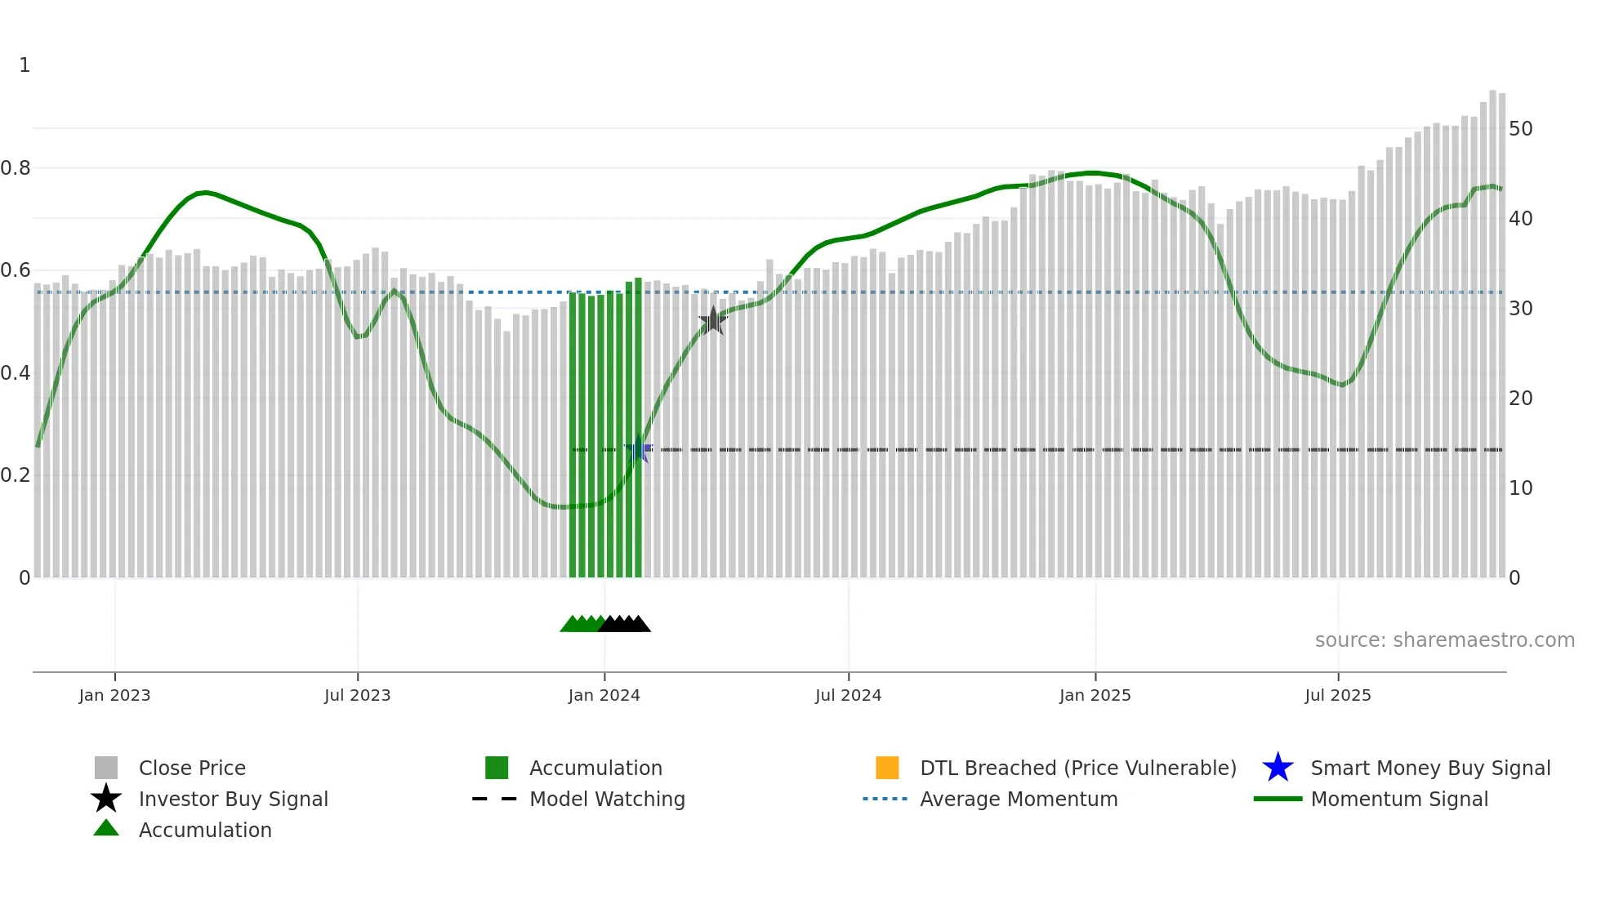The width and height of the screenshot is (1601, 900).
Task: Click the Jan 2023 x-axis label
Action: [114, 695]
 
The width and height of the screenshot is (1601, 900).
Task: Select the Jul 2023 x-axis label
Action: [357, 695]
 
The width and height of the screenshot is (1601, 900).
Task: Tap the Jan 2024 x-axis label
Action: [604, 695]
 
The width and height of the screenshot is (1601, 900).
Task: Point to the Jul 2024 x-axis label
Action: [848, 695]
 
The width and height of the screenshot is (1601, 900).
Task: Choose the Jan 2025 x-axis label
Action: [1095, 695]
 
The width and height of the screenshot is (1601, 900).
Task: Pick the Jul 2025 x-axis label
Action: [1337, 695]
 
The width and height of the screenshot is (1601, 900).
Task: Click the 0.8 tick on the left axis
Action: [16, 168]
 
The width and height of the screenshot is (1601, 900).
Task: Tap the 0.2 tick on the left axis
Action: [16, 475]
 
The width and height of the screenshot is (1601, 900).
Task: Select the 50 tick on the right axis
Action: [1520, 129]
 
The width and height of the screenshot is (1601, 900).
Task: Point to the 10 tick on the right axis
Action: [1520, 488]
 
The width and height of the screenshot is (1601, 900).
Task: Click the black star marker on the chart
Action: [713, 320]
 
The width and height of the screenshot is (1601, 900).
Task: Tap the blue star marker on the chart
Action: [638, 449]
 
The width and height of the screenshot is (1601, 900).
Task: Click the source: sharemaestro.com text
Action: [1444, 640]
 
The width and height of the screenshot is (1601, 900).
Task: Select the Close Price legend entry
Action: [192, 768]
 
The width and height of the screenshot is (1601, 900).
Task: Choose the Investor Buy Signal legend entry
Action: [233, 799]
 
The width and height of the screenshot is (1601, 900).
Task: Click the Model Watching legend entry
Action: [607, 799]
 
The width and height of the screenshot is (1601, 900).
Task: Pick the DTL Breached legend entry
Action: [1077, 768]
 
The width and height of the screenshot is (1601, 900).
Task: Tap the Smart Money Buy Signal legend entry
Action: [1429, 768]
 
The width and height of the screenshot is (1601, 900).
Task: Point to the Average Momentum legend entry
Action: [1018, 799]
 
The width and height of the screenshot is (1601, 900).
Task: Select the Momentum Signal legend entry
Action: [1398, 799]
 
